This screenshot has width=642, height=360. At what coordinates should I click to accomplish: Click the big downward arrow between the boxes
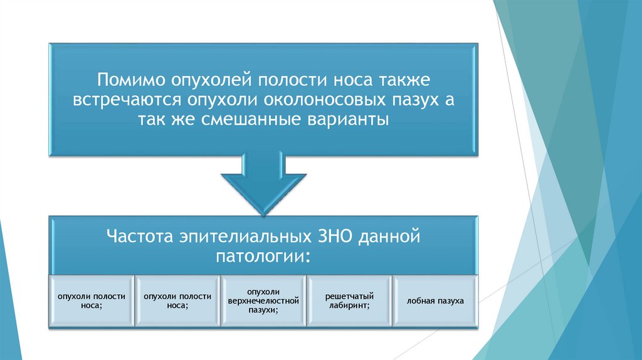point(264,182)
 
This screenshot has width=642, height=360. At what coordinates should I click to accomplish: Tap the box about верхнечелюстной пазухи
point(263,301)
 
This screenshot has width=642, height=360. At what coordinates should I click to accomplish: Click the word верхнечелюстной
point(263,301)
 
